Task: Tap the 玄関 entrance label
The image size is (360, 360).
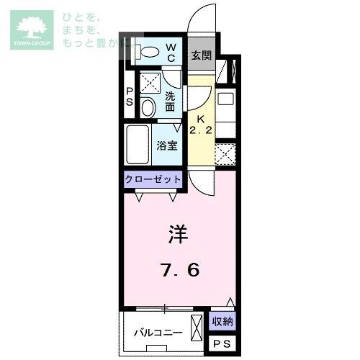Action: [x=200, y=55]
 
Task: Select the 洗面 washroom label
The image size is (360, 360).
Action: [x=170, y=102]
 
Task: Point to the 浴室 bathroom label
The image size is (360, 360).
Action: [x=167, y=145]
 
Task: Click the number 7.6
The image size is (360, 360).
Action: [x=179, y=271]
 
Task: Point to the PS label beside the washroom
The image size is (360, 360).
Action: [x=130, y=96]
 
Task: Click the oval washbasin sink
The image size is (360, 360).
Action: [x=148, y=108]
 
